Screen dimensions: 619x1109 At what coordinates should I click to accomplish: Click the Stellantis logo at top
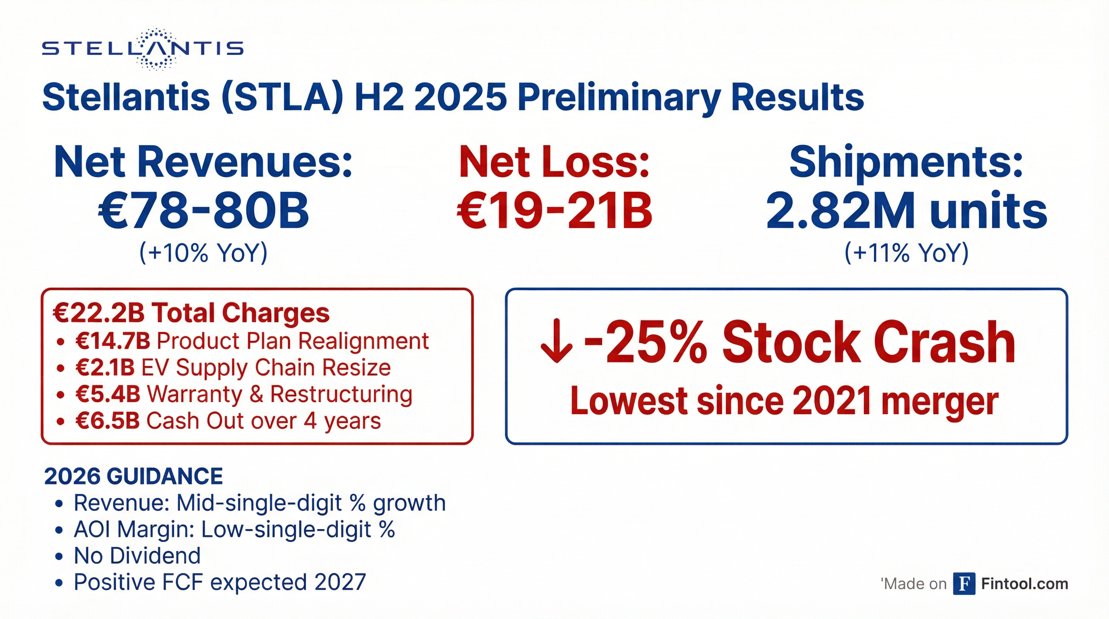point(143,49)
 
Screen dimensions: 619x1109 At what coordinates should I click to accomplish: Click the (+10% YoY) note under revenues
point(203,253)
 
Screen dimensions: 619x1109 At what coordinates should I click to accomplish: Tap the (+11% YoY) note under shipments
point(906,253)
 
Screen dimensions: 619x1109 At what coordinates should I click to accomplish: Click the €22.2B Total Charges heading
point(191,313)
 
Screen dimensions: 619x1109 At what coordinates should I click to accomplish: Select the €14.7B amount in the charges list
point(113,341)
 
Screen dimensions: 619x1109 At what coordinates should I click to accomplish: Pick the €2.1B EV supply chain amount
point(105,368)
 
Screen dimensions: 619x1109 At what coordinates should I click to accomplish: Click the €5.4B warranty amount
point(108,394)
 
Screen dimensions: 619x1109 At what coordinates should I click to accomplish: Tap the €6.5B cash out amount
point(108,421)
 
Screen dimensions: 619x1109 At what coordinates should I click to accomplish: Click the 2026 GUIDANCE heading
point(133,476)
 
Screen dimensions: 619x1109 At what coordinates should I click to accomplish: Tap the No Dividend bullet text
point(137,556)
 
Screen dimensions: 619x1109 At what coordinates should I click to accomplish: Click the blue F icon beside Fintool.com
point(964,584)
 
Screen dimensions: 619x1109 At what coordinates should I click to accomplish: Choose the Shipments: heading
point(906,162)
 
